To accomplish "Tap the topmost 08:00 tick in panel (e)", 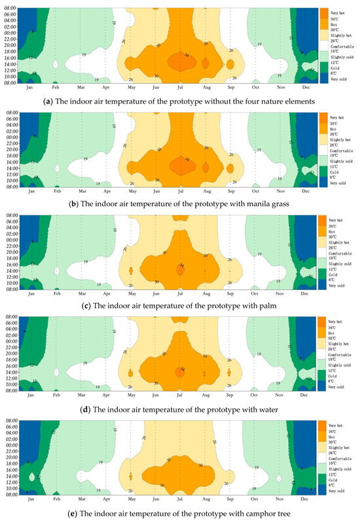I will click(10, 425).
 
